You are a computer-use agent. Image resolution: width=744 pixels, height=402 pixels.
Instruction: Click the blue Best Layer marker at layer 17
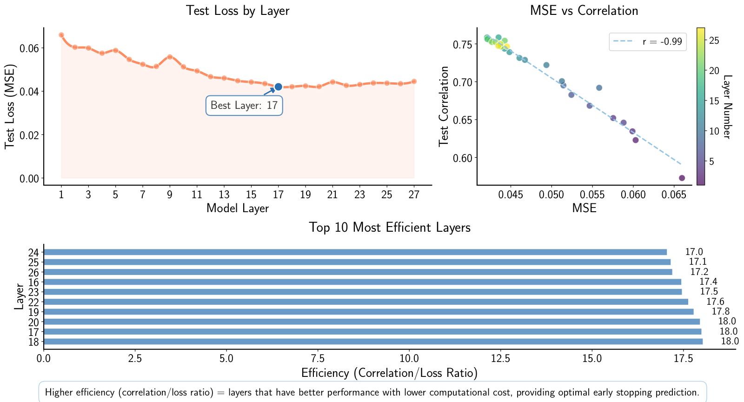point(278,87)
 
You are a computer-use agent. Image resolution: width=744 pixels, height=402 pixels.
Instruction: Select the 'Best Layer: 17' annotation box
point(244,106)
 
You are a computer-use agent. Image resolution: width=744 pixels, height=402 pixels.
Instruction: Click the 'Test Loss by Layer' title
point(238,10)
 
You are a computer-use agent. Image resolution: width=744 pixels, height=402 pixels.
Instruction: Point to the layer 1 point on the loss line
point(61,35)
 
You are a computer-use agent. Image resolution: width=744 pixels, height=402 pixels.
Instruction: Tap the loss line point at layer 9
point(170,57)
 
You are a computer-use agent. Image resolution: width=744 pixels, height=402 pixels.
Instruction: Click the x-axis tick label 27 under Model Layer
point(414,195)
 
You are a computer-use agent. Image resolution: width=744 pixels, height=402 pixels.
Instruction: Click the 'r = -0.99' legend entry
point(648,42)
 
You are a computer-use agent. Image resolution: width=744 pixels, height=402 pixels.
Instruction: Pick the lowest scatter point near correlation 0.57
point(682,178)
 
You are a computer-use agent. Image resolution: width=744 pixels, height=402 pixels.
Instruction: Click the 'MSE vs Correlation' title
point(584,10)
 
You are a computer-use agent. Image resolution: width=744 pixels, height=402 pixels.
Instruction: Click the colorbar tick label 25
point(714,40)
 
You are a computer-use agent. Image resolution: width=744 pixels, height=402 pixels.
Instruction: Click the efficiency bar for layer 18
point(372,342)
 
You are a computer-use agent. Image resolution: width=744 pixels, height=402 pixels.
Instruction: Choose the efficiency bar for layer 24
point(353,252)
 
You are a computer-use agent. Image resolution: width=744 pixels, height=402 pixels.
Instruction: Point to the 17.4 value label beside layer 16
point(708,282)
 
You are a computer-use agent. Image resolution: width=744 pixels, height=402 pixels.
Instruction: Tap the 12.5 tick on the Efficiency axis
point(500,359)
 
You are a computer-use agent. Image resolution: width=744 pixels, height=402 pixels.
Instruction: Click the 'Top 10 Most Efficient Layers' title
point(390,228)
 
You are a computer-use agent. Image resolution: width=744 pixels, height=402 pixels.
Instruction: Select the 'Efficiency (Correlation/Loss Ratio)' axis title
point(390,373)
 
